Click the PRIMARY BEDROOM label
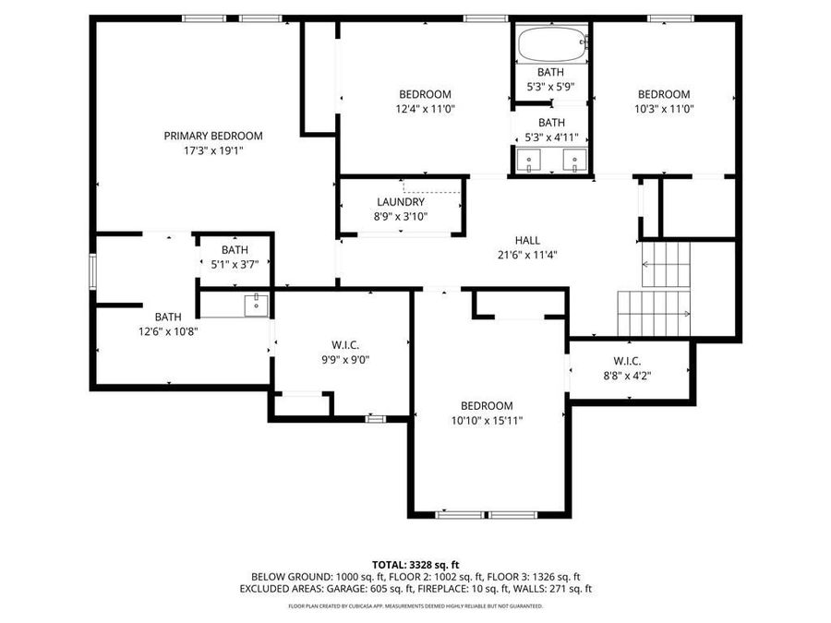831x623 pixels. pos(213,136)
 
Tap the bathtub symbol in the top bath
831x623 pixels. pos(552,42)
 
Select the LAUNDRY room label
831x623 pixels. pos(401,202)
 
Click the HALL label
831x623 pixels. pos(527,240)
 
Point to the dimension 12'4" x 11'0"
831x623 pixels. pos(425,109)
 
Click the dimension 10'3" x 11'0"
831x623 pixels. pos(664,109)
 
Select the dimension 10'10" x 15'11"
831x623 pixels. pos(487,421)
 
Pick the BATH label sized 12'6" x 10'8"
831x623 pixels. pos(168,317)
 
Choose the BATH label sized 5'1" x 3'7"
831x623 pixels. pos(235,249)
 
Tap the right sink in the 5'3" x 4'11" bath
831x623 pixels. pos(575,162)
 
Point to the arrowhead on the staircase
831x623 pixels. pos(687,315)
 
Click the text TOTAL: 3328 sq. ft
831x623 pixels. pos(415,564)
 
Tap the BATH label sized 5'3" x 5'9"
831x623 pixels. pos(551,72)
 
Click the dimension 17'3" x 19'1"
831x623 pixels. pos(213,150)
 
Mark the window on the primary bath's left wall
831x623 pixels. pos(91,272)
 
